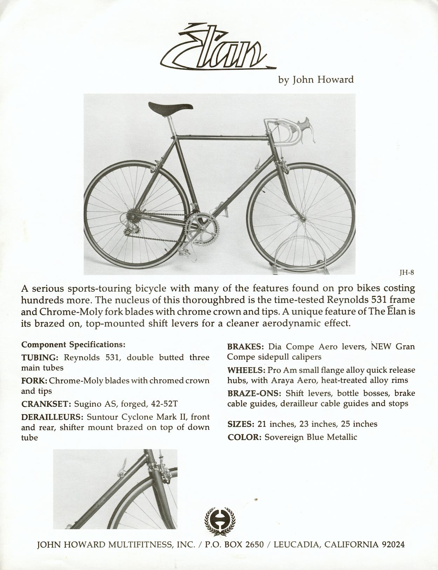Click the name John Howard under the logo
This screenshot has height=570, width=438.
pos(316,80)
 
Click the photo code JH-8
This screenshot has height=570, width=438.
pos(407,272)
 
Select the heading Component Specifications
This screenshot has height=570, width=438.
pos(73,344)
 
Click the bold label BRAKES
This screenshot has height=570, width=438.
pos(245,347)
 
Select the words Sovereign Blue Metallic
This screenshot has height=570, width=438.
pos(311,437)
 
